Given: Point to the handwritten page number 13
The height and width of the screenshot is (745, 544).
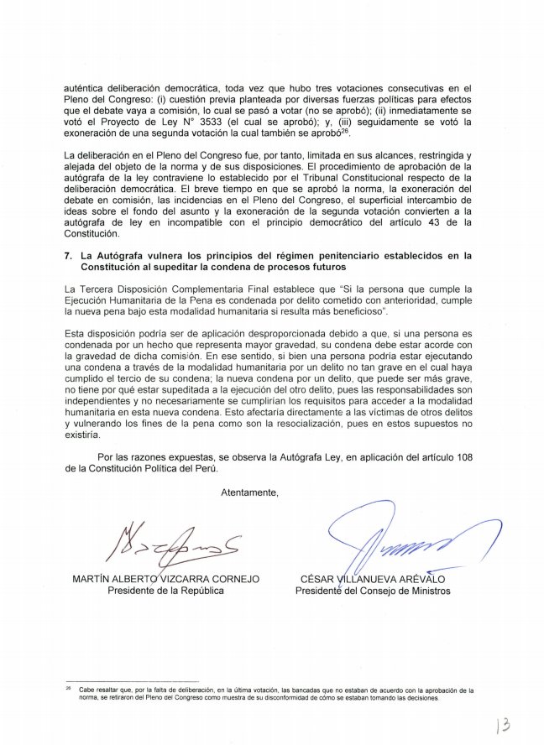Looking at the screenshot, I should click(x=504, y=724).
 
